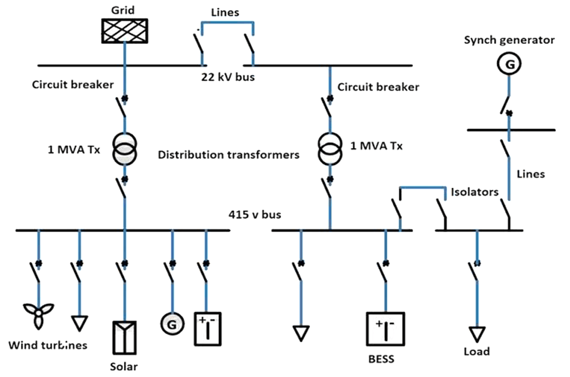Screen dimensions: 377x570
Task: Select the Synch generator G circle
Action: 509,63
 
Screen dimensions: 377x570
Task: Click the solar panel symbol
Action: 124,337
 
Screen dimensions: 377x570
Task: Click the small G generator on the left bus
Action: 172,323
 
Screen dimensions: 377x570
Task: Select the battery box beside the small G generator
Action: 207,328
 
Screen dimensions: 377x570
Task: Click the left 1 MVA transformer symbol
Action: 124,149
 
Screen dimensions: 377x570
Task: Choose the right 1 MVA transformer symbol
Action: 330,149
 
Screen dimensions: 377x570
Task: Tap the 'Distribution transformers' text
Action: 228,156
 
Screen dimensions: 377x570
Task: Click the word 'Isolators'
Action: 475,192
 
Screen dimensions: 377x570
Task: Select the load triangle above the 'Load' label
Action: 477,334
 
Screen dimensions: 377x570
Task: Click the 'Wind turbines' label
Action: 48,345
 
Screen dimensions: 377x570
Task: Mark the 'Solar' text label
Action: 124,366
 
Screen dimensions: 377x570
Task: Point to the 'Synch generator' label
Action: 509,40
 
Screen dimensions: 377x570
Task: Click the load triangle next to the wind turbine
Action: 80,322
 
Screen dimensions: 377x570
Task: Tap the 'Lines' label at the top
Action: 225,12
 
